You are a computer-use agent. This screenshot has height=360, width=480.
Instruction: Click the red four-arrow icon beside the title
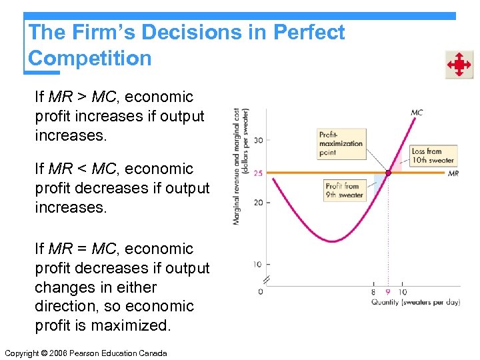(459, 65)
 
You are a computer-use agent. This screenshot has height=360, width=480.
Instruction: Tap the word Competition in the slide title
(90, 58)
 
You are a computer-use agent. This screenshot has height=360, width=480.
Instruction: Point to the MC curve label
(416, 113)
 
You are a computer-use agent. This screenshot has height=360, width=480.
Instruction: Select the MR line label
(453, 173)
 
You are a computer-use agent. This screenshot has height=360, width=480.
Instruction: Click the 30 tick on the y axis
(257, 139)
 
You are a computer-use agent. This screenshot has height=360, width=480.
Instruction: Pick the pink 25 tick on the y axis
(257, 173)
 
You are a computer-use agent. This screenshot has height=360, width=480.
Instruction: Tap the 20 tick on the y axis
(257, 203)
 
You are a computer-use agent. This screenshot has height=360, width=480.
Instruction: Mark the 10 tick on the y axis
(257, 265)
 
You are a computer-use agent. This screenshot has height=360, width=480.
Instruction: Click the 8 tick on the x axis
(373, 292)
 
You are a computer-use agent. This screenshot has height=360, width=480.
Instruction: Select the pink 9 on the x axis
(387, 292)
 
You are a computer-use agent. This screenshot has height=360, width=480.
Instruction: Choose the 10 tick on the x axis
(402, 292)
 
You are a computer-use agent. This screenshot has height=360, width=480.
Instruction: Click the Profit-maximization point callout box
(341, 143)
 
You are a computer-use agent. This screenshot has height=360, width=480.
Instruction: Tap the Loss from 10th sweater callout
(432, 156)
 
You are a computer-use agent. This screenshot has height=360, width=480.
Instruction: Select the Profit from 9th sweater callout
(344, 191)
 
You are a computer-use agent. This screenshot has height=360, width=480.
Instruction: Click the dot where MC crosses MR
(387, 173)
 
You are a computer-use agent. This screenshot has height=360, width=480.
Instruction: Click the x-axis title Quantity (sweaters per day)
(415, 302)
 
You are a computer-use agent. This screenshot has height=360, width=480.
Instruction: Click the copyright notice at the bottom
(85, 353)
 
